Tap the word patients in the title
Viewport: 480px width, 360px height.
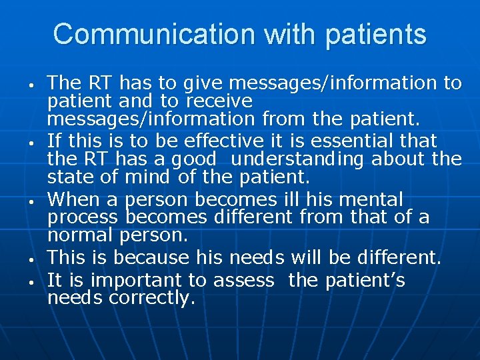[376, 33]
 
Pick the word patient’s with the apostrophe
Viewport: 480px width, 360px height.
[365, 280]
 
